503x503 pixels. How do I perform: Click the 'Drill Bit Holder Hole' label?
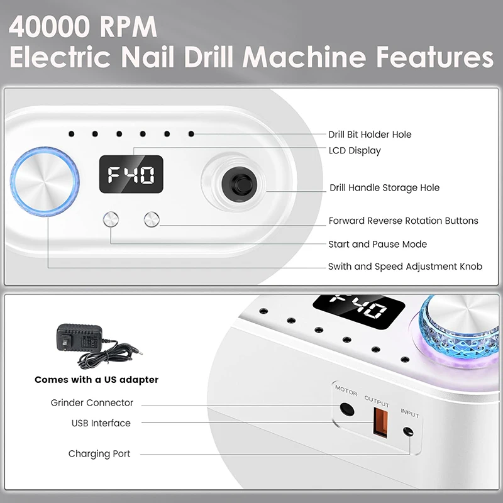[370, 135]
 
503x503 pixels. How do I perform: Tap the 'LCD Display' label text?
[355, 151]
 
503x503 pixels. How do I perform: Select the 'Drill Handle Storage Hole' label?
[385, 188]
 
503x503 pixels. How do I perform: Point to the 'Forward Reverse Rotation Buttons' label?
[403, 221]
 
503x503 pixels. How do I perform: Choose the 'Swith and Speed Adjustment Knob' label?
[405, 267]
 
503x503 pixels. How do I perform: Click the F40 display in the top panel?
[131, 175]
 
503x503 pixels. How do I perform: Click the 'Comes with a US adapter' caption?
[96, 380]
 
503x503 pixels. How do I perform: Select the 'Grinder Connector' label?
[92, 402]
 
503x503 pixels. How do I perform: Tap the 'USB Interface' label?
[101, 423]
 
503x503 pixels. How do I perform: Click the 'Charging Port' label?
[99, 453]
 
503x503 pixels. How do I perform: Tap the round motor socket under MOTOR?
[345, 409]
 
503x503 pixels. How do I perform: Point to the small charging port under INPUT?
[409, 432]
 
